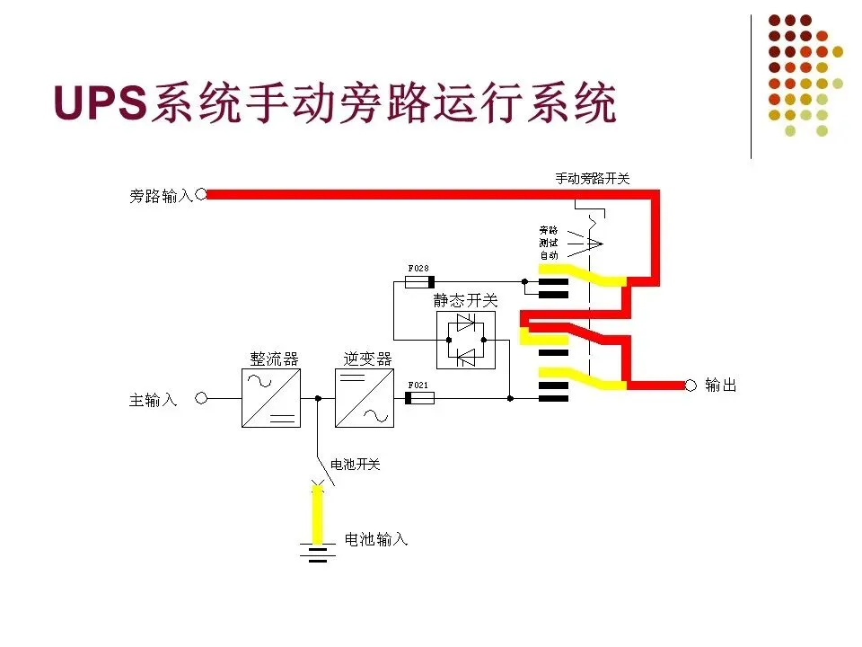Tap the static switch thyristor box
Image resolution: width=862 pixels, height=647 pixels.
pyautogui.click(x=465, y=340)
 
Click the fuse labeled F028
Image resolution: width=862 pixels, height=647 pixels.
pyautogui.click(x=419, y=281)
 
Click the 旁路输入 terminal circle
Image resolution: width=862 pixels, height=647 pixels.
pyautogui.click(x=201, y=193)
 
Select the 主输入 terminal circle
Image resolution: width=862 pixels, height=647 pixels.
pyautogui.click(x=201, y=398)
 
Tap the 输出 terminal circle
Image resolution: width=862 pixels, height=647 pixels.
pyautogui.click(x=690, y=386)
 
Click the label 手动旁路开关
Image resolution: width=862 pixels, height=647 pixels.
pyautogui.click(x=593, y=178)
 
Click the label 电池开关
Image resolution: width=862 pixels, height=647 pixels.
pyautogui.click(x=356, y=465)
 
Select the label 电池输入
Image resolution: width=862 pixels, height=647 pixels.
pyautogui.click(x=376, y=539)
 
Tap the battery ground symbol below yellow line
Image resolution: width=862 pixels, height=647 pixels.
pyautogui.click(x=317, y=552)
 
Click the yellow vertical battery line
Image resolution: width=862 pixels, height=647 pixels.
pyautogui.click(x=317, y=516)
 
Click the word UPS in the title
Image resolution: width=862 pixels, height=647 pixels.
pyautogui.click(x=100, y=103)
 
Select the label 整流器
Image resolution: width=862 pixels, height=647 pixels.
pyautogui.click(x=274, y=358)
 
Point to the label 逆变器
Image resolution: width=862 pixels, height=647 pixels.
pyautogui.click(x=368, y=358)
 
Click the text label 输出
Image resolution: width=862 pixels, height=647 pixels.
pyautogui.click(x=721, y=386)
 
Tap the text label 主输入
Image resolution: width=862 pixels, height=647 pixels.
pyautogui.click(x=154, y=400)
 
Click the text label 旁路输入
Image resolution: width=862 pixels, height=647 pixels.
pyautogui.click(x=161, y=195)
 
